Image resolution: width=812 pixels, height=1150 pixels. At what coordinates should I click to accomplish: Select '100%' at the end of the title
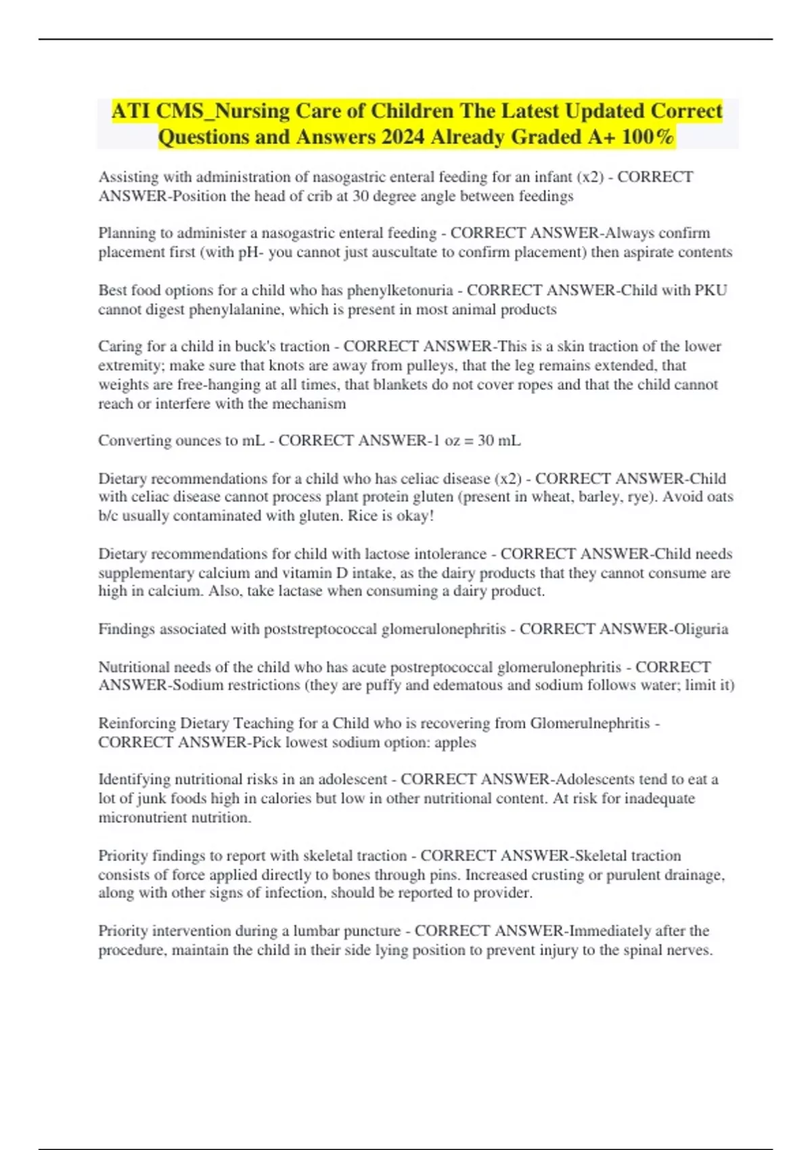(x=648, y=137)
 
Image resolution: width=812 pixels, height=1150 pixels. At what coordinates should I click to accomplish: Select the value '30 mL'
(x=499, y=440)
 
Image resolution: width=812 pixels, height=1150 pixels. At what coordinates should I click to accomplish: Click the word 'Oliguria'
(x=700, y=629)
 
